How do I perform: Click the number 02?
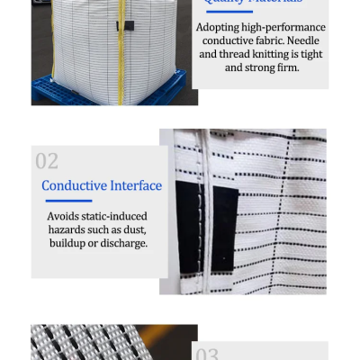(x=47, y=161)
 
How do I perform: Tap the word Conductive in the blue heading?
(x=73, y=185)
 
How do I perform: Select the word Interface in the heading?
(x=134, y=185)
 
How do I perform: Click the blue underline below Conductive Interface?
(x=68, y=201)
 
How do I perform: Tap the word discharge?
(x=122, y=243)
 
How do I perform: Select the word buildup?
(x=71, y=243)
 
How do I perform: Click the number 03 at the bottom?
(x=208, y=353)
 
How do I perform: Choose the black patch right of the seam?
(x=224, y=229)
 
